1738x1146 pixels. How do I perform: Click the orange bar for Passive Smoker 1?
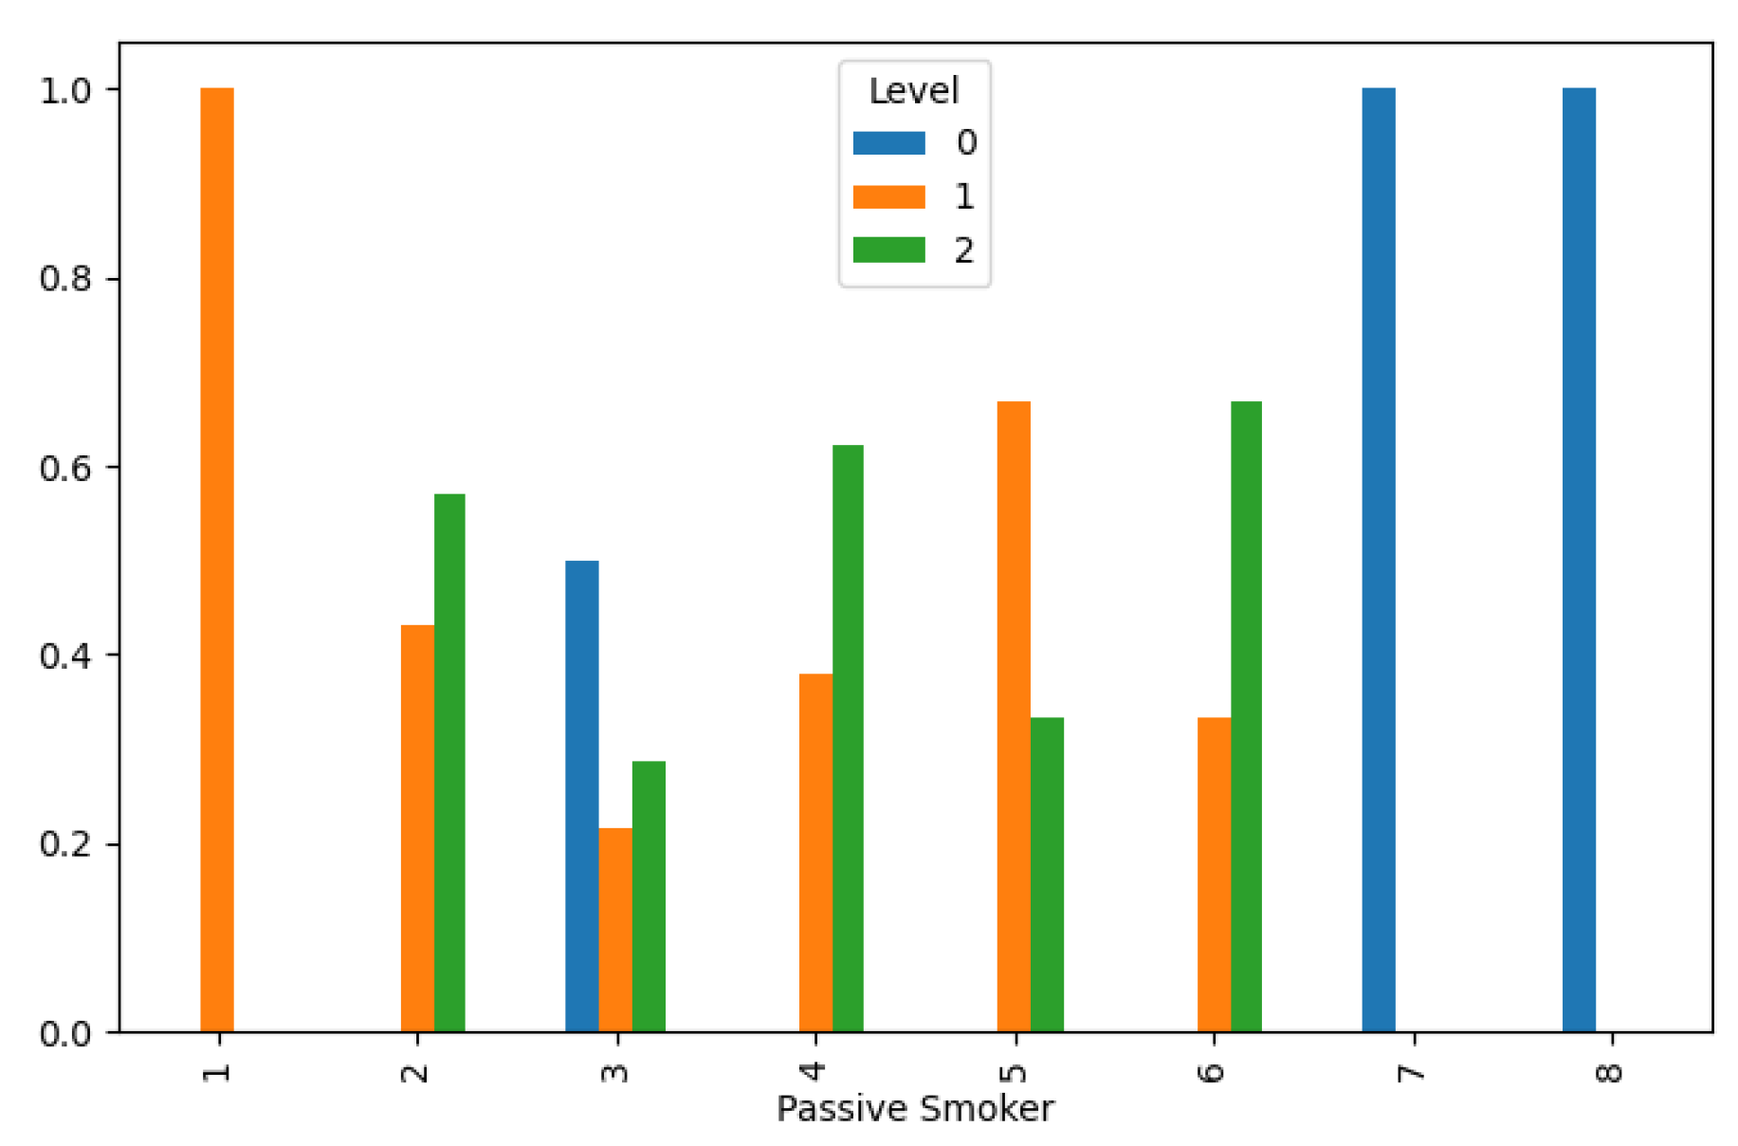point(217,560)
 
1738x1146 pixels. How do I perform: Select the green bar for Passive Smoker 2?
point(449,763)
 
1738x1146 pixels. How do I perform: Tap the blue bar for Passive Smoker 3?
point(582,796)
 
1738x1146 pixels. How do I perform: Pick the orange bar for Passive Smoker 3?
point(615,930)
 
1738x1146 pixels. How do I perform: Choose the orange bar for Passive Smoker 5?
point(1014,716)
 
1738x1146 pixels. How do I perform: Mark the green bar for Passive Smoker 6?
point(1246,716)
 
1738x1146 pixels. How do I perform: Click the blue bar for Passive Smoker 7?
point(1379,560)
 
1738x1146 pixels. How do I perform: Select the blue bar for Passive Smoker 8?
point(1579,560)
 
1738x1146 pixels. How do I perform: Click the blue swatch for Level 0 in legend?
point(888,143)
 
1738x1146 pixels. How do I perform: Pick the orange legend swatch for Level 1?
point(888,196)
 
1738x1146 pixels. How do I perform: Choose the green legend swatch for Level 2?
point(888,250)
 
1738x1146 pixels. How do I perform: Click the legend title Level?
point(914,91)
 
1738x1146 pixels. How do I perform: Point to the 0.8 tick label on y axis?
point(65,279)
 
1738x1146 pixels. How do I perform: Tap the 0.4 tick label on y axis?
point(65,656)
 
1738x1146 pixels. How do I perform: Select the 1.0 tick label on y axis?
point(65,90)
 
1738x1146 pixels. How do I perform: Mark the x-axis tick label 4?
point(814,1073)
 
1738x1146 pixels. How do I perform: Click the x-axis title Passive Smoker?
point(915,1109)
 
